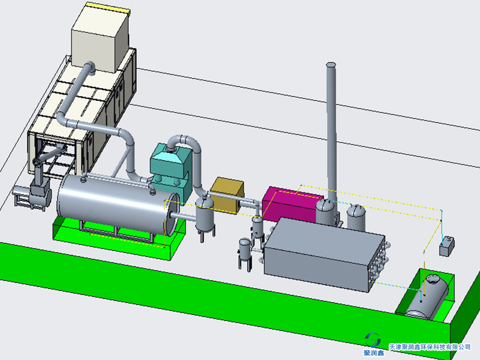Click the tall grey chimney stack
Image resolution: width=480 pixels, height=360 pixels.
[331, 131]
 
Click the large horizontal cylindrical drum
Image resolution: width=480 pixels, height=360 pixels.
[118, 208]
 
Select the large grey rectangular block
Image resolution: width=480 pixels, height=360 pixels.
[324, 254]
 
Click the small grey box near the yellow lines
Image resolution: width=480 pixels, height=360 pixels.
[447, 246]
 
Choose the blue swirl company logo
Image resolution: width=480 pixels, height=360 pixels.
[373, 340]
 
